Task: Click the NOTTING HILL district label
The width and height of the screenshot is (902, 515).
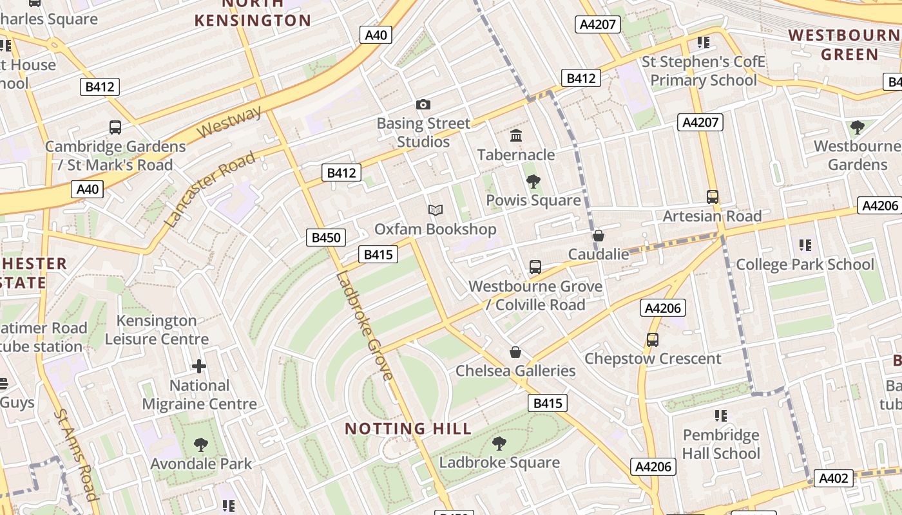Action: coord(408,429)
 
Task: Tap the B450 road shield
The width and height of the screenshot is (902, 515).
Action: coord(325,238)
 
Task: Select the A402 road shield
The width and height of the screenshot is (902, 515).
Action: coord(834,478)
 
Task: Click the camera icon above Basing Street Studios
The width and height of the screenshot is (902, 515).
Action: coord(423,104)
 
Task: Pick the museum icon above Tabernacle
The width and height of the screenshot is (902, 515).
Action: coord(516,136)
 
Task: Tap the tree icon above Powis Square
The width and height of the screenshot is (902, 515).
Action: coord(533,182)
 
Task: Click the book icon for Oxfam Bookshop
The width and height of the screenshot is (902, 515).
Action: coord(436,211)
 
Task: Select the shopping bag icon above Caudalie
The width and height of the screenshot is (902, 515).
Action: coord(599,236)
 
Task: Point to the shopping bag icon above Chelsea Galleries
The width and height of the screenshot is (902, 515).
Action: coord(515,352)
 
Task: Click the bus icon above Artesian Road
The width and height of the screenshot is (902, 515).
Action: coord(712,197)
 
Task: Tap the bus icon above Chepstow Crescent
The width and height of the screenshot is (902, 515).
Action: coord(652,339)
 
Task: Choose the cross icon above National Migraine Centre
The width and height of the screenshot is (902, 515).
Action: coord(199,366)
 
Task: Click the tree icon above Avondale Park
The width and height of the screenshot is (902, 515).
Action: coord(201,444)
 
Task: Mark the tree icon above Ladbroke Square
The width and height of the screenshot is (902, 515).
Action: coord(499,443)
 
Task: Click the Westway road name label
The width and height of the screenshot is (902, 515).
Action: coord(229,122)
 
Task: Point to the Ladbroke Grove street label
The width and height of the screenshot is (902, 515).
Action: coord(364,326)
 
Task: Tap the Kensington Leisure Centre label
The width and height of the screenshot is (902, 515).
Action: coord(157,330)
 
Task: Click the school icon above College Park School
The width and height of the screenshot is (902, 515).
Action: coord(805,245)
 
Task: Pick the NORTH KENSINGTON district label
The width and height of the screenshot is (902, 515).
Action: coord(253,13)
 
